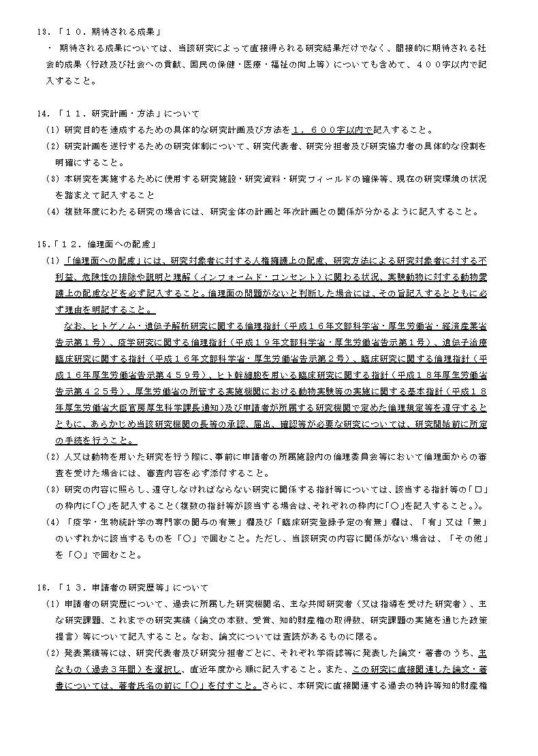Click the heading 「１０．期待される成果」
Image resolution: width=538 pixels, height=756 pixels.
[113, 31]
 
